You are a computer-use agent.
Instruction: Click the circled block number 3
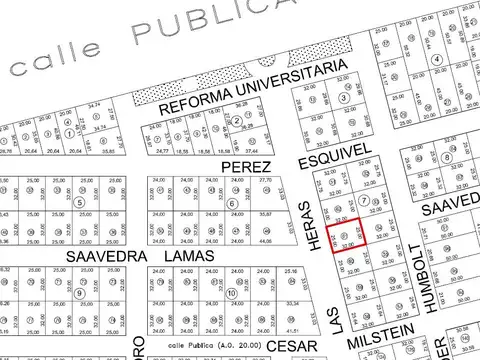pos(343,98)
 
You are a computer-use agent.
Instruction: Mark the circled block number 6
pos(232,204)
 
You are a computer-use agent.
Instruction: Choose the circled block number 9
pos(78,293)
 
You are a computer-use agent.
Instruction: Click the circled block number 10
pos(231,293)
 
